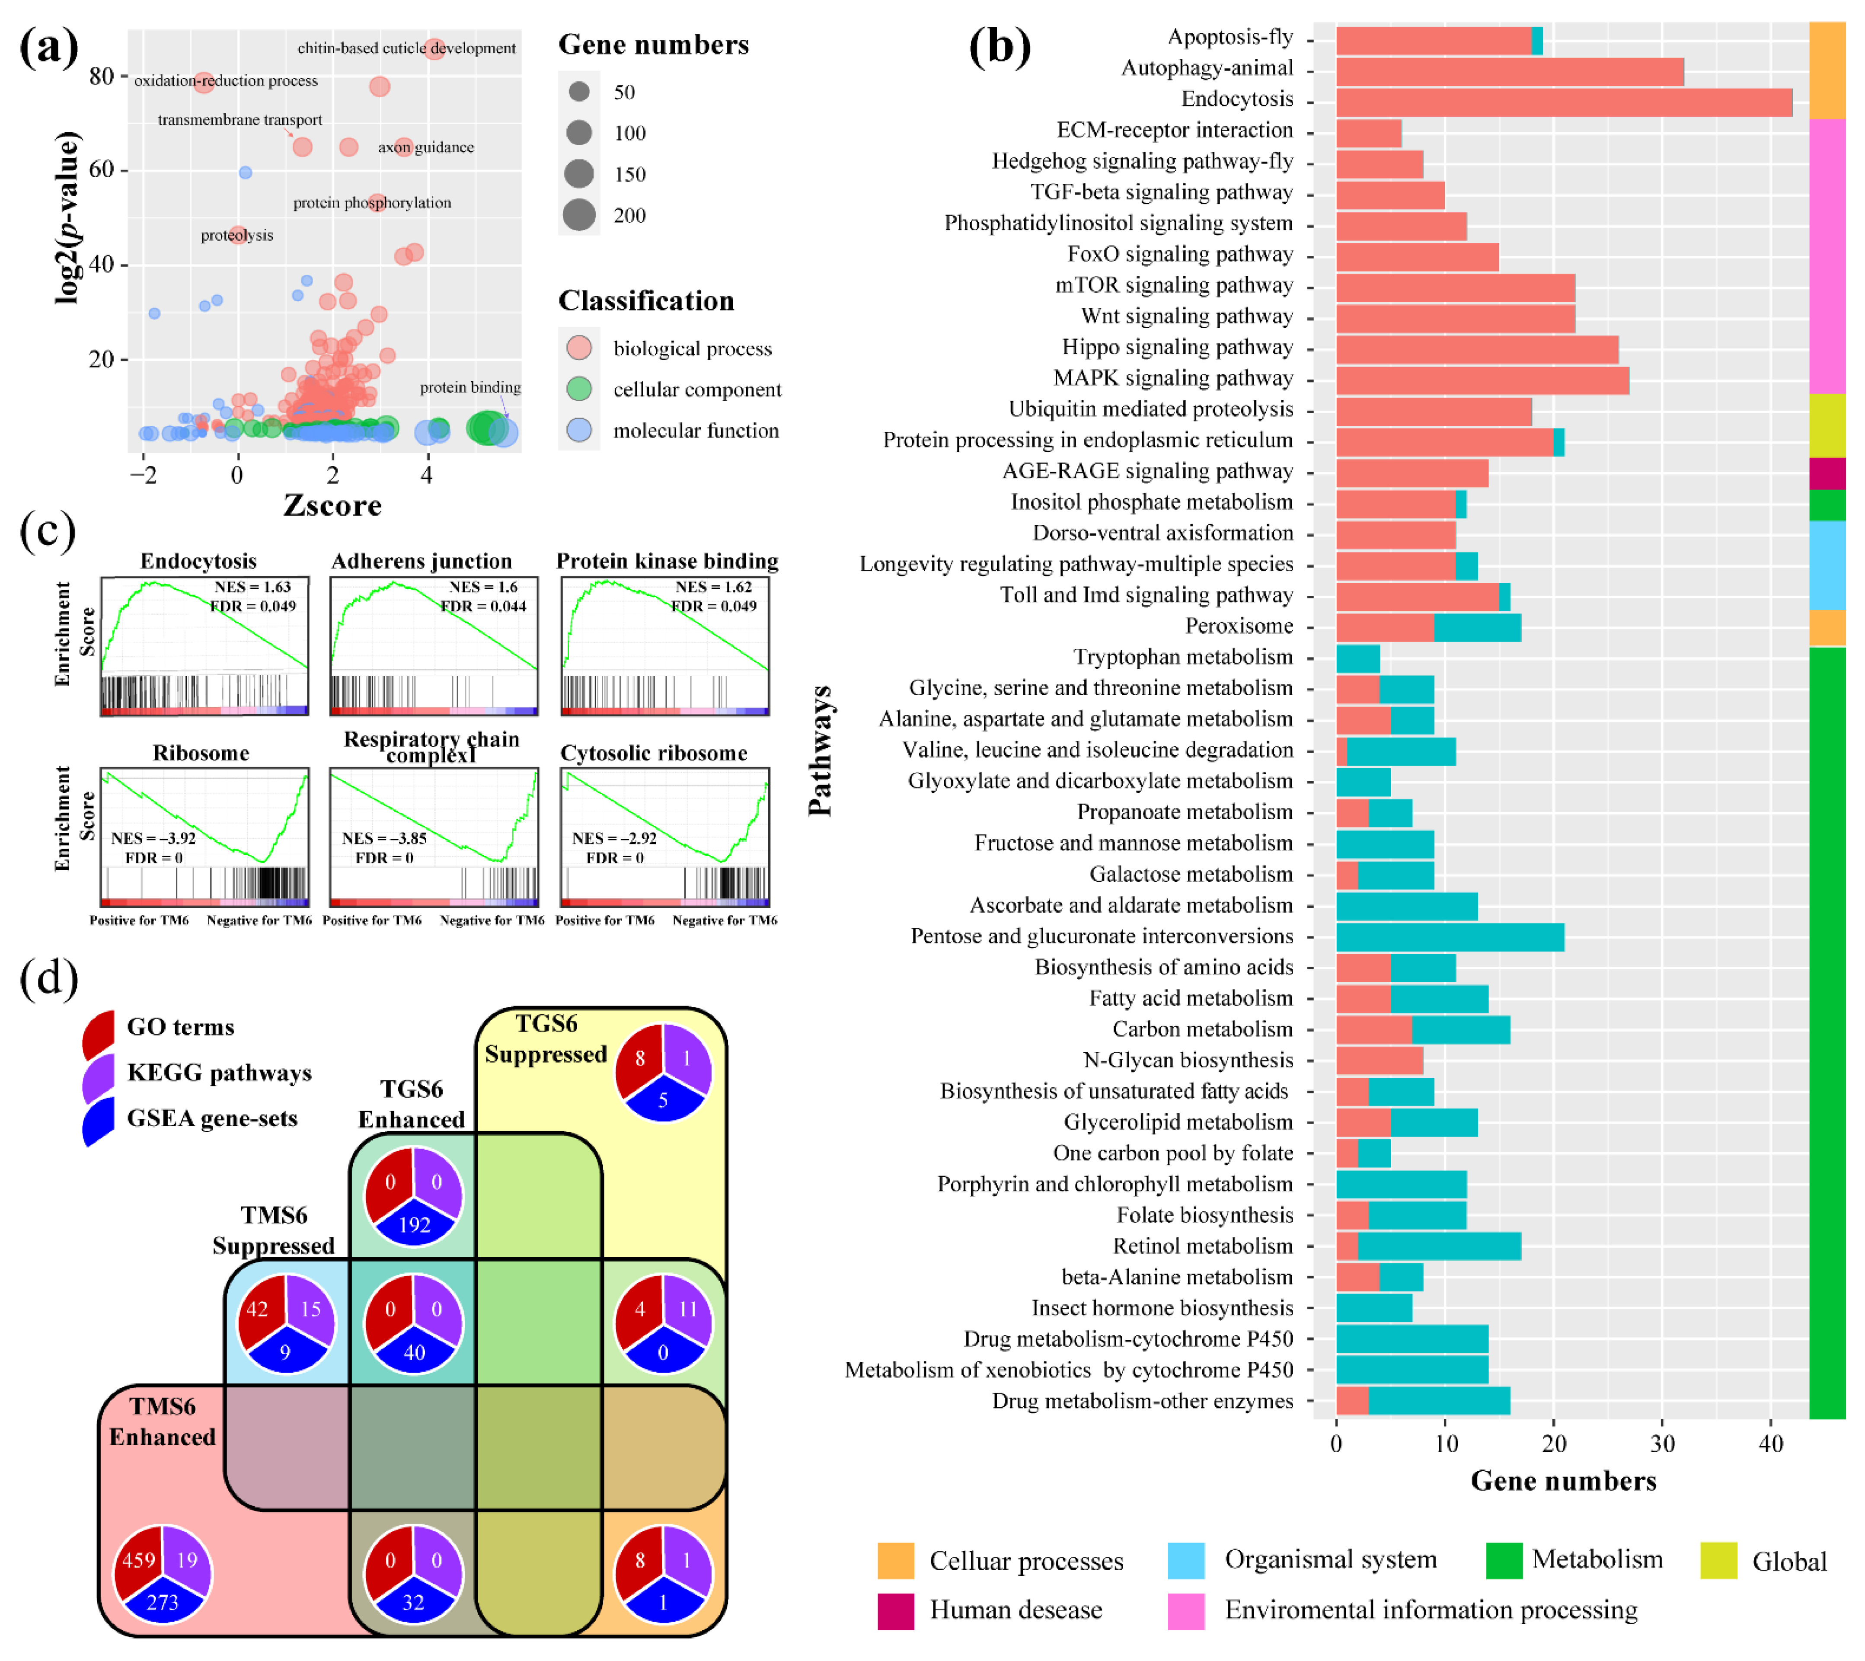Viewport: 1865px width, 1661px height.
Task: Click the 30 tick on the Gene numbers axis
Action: [1662, 1444]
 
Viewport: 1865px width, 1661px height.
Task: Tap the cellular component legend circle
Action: [579, 390]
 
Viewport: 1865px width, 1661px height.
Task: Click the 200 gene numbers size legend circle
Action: [579, 215]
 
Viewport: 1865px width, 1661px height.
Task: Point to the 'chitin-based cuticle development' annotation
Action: [406, 48]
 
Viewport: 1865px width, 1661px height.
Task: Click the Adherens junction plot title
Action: [422, 561]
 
